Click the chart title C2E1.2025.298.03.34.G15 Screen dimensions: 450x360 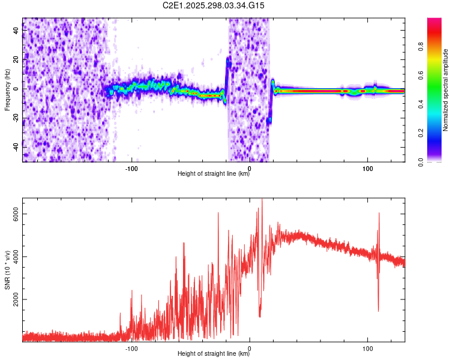[213, 5]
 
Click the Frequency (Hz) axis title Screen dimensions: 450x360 [7, 90]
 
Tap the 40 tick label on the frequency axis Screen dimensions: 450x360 [16, 31]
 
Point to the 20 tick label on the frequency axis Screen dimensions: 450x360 [16, 60]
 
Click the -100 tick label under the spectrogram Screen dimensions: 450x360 [131, 169]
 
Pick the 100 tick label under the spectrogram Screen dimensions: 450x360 [368, 169]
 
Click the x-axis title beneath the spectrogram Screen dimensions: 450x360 [214, 173]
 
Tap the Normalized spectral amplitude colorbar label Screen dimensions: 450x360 [445, 90]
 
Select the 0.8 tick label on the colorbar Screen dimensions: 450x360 [421, 47]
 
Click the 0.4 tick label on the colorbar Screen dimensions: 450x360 [421, 104]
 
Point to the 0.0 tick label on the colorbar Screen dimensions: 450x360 [421, 162]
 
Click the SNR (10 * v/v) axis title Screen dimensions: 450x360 [7, 270]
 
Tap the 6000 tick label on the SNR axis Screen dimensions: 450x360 [16, 214]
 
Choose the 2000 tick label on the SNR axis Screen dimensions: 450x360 [16, 299]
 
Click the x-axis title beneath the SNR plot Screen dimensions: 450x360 [214, 353]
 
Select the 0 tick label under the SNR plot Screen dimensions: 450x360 [250, 349]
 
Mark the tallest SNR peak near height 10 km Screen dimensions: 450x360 [262, 199]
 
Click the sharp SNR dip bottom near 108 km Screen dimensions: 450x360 [378, 311]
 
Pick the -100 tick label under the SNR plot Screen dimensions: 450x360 [131, 349]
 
